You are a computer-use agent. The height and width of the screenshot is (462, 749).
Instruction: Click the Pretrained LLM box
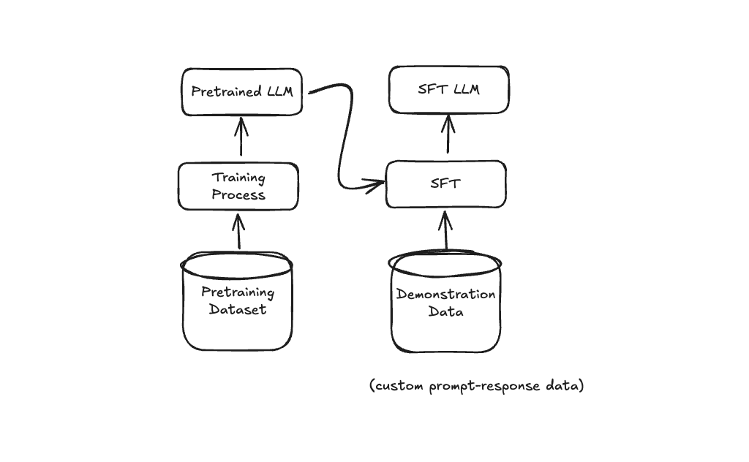pyautogui.click(x=241, y=92)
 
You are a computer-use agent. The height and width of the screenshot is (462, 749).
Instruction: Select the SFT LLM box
pyautogui.click(x=448, y=90)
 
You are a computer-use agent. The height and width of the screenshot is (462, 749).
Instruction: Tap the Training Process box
pyautogui.click(x=238, y=186)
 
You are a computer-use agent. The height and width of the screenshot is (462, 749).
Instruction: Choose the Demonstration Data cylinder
pyautogui.click(x=445, y=303)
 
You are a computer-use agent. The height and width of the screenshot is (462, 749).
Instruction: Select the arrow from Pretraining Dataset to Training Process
pyautogui.click(x=237, y=230)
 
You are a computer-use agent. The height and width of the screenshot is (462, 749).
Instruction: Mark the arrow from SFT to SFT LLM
pyautogui.click(x=448, y=136)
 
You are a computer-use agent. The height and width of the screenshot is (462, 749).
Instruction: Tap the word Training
pyautogui.click(x=238, y=178)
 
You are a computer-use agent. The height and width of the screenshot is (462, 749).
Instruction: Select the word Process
pyautogui.click(x=238, y=194)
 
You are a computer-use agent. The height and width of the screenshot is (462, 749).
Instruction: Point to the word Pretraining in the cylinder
pyautogui.click(x=238, y=292)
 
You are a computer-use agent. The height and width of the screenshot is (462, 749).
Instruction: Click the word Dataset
pyautogui.click(x=237, y=309)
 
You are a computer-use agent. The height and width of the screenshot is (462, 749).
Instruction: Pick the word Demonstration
pyautogui.click(x=445, y=294)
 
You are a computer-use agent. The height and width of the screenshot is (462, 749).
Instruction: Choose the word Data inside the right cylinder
pyautogui.click(x=445, y=311)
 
